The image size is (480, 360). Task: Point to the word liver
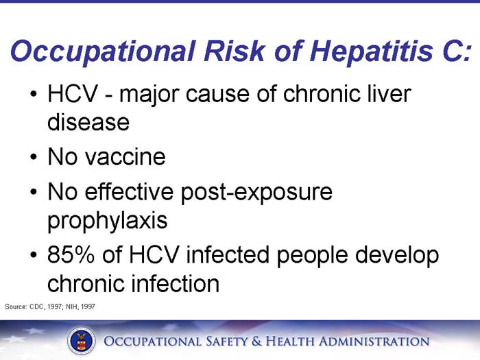pos(387,95)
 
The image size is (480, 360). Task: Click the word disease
pos(88,123)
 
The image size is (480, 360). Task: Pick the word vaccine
pos(125,157)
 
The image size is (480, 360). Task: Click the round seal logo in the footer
pos(81,341)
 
